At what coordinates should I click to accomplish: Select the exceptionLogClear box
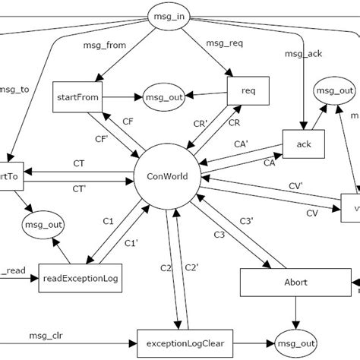(185, 339)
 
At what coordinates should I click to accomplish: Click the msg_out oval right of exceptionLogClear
(293, 339)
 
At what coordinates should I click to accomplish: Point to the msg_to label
(16, 89)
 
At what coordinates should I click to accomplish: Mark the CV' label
(295, 185)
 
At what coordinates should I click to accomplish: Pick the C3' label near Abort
(247, 221)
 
